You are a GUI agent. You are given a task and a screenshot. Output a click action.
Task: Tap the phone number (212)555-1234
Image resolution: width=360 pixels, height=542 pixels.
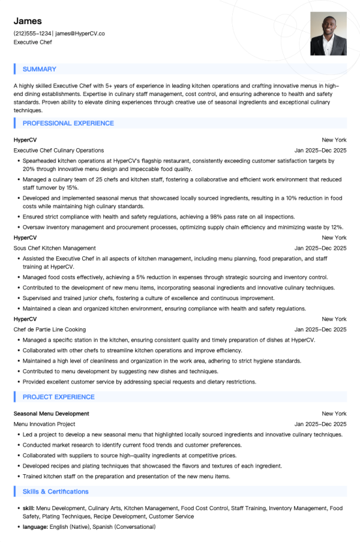tap(32, 34)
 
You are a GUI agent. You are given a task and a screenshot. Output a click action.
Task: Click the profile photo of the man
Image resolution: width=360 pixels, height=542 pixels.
tap(328, 34)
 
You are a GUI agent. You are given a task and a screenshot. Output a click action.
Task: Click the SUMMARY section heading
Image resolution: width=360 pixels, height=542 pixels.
tap(40, 69)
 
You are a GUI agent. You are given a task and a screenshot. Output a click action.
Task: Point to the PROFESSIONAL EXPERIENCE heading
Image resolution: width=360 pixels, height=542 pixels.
tap(68, 123)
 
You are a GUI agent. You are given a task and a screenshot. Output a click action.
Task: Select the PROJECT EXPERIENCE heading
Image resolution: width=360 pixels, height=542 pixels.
tap(58, 397)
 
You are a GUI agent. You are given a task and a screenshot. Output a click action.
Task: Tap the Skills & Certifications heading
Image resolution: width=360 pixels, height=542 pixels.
tap(55, 492)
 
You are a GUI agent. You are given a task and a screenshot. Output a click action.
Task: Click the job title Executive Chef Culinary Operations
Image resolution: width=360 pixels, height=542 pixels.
tap(59, 150)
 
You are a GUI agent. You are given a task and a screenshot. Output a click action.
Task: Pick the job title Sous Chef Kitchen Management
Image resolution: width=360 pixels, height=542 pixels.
tap(55, 248)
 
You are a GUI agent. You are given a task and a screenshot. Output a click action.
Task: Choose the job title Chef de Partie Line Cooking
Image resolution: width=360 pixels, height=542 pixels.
tap(50, 330)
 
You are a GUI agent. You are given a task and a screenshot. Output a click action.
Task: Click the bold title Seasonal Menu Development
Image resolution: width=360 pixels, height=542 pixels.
tap(52, 414)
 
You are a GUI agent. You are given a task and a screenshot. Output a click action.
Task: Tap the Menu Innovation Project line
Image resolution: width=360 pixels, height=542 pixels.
tap(44, 424)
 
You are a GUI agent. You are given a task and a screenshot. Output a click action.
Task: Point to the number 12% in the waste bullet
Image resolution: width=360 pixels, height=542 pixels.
tap(337, 227)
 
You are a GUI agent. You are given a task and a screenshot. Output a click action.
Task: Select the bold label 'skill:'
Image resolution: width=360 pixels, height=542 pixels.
tap(29, 508)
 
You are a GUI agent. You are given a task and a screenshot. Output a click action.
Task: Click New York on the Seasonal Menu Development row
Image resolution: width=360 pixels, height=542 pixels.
tap(334, 414)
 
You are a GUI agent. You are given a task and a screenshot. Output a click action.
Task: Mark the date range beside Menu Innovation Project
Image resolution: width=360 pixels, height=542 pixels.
tap(320, 424)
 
